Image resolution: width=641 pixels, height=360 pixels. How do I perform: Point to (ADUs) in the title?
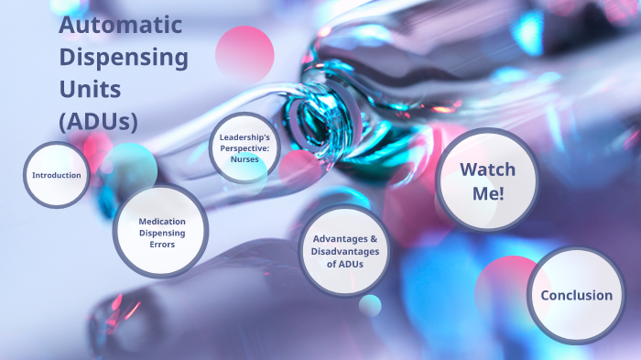97,120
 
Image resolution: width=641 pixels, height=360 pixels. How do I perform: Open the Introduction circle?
57,175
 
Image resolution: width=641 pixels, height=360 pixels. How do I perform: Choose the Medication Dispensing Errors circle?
161,233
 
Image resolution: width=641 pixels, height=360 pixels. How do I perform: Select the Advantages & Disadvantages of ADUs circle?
343,251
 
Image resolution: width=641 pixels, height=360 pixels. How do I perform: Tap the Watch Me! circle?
486,180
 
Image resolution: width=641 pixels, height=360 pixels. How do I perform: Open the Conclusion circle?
576,295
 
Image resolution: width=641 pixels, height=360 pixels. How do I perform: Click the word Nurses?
244,159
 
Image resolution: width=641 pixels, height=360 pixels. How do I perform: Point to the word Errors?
161,245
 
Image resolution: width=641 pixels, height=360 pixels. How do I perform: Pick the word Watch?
487,169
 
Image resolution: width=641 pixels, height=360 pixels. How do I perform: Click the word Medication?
162,222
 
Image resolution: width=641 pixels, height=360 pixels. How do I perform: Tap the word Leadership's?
244,137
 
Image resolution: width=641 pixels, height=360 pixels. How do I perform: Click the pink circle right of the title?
244,52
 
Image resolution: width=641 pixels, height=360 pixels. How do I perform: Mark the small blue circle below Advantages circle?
370,305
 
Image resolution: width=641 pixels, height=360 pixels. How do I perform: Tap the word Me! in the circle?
487,192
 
